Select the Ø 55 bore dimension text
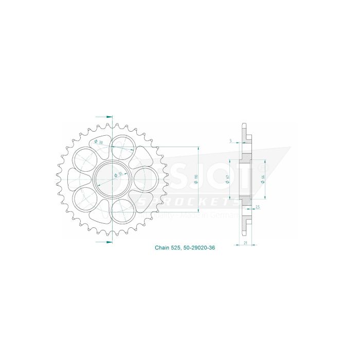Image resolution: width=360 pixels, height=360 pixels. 118,175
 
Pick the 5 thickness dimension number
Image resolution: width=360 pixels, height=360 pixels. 231,140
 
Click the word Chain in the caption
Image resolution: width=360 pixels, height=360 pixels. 162,247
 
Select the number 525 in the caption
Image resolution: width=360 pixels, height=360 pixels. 177,247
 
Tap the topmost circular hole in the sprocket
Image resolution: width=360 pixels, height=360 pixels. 122,147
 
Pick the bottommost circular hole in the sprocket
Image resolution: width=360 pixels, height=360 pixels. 122,211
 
